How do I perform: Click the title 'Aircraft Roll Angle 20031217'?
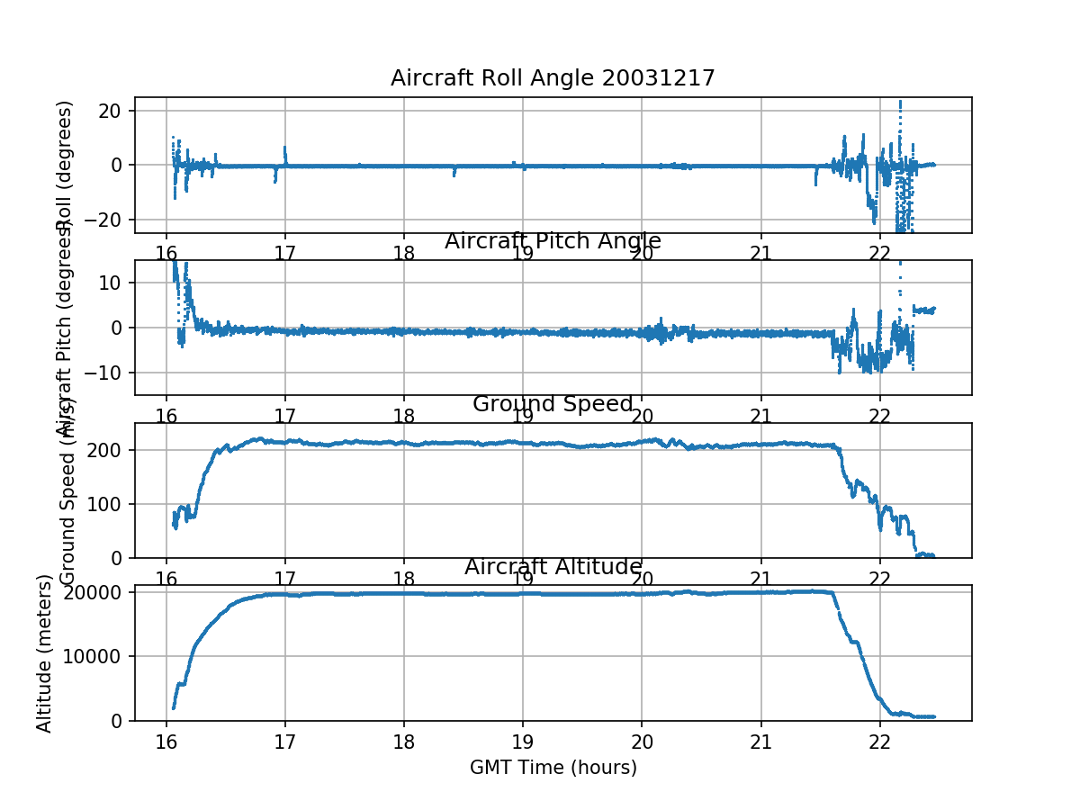[x=553, y=78]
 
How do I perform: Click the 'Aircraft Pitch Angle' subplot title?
[x=553, y=241]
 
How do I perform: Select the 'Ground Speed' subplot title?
[x=553, y=404]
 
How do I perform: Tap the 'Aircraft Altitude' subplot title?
[x=553, y=567]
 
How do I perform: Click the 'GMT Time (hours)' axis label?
[x=553, y=768]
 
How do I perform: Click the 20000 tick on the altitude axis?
[x=97, y=592]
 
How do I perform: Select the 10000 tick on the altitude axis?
[x=97, y=656]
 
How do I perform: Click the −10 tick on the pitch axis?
[x=110, y=373]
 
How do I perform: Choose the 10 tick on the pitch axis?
[x=114, y=283]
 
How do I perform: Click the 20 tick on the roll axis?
[x=114, y=111]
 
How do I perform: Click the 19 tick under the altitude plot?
[x=523, y=741]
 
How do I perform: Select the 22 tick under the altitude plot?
[x=880, y=741]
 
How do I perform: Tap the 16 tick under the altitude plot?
[x=166, y=741]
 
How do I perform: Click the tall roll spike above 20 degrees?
[x=900, y=106]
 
